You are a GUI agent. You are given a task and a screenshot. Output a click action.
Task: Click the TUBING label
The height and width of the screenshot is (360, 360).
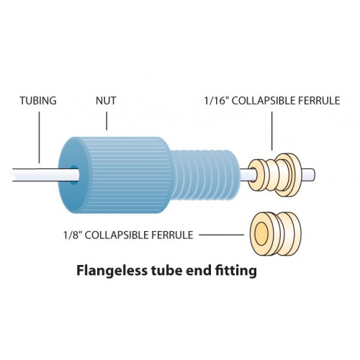[38, 101]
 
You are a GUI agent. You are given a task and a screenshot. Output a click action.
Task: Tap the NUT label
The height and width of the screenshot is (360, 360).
[106, 101]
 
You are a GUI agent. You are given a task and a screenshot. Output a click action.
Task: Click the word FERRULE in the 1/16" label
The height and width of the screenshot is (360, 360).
[319, 101]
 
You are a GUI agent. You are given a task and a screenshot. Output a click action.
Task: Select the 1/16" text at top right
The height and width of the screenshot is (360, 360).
[216, 101]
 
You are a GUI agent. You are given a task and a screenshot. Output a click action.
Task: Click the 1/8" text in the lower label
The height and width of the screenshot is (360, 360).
[73, 235]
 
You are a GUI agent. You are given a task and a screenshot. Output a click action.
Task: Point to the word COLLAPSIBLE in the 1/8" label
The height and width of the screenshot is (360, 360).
[114, 235]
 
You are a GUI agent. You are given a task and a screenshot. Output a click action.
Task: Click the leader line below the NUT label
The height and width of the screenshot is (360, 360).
[107, 121]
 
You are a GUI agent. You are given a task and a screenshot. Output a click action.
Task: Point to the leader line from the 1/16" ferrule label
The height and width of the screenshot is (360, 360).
[272, 131]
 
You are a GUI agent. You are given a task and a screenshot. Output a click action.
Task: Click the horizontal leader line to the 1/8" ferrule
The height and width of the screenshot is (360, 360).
[222, 235]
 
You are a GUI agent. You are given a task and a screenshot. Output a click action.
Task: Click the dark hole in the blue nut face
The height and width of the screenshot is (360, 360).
[74, 175]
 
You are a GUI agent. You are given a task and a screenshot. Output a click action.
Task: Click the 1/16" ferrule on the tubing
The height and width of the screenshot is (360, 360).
[274, 175]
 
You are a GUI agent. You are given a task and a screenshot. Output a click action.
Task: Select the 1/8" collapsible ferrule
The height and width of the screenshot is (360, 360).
[274, 234]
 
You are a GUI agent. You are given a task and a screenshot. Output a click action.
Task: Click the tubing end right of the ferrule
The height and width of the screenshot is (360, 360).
[307, 175]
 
